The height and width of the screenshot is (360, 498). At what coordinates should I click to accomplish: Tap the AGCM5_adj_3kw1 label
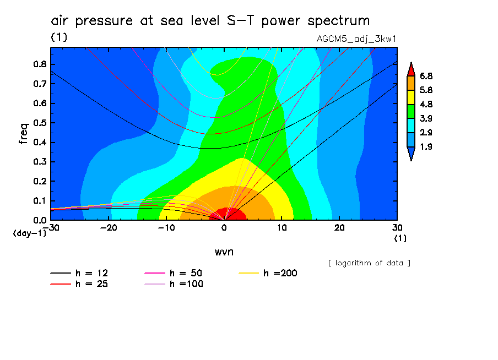click(x=356, y=39)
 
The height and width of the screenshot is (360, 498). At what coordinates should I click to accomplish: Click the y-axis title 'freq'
click(x=23, y=133)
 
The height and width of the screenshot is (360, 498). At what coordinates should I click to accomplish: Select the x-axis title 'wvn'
click(x=224, y=252)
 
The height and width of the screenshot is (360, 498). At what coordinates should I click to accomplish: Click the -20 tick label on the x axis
click(x=108, y=227)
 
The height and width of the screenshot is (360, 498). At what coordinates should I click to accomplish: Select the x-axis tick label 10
click(x=282, y=227)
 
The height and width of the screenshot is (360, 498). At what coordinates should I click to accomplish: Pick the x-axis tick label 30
click(x=397, y=227)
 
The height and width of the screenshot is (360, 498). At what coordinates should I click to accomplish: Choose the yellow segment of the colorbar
click(x=410, y=97)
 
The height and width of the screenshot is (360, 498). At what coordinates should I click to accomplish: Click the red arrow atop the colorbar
click(x=410, y=69)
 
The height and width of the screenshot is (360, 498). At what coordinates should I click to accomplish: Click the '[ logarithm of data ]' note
click(x=369, y=263)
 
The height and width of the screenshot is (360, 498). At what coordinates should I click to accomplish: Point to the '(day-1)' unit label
click(x=29, y=233)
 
